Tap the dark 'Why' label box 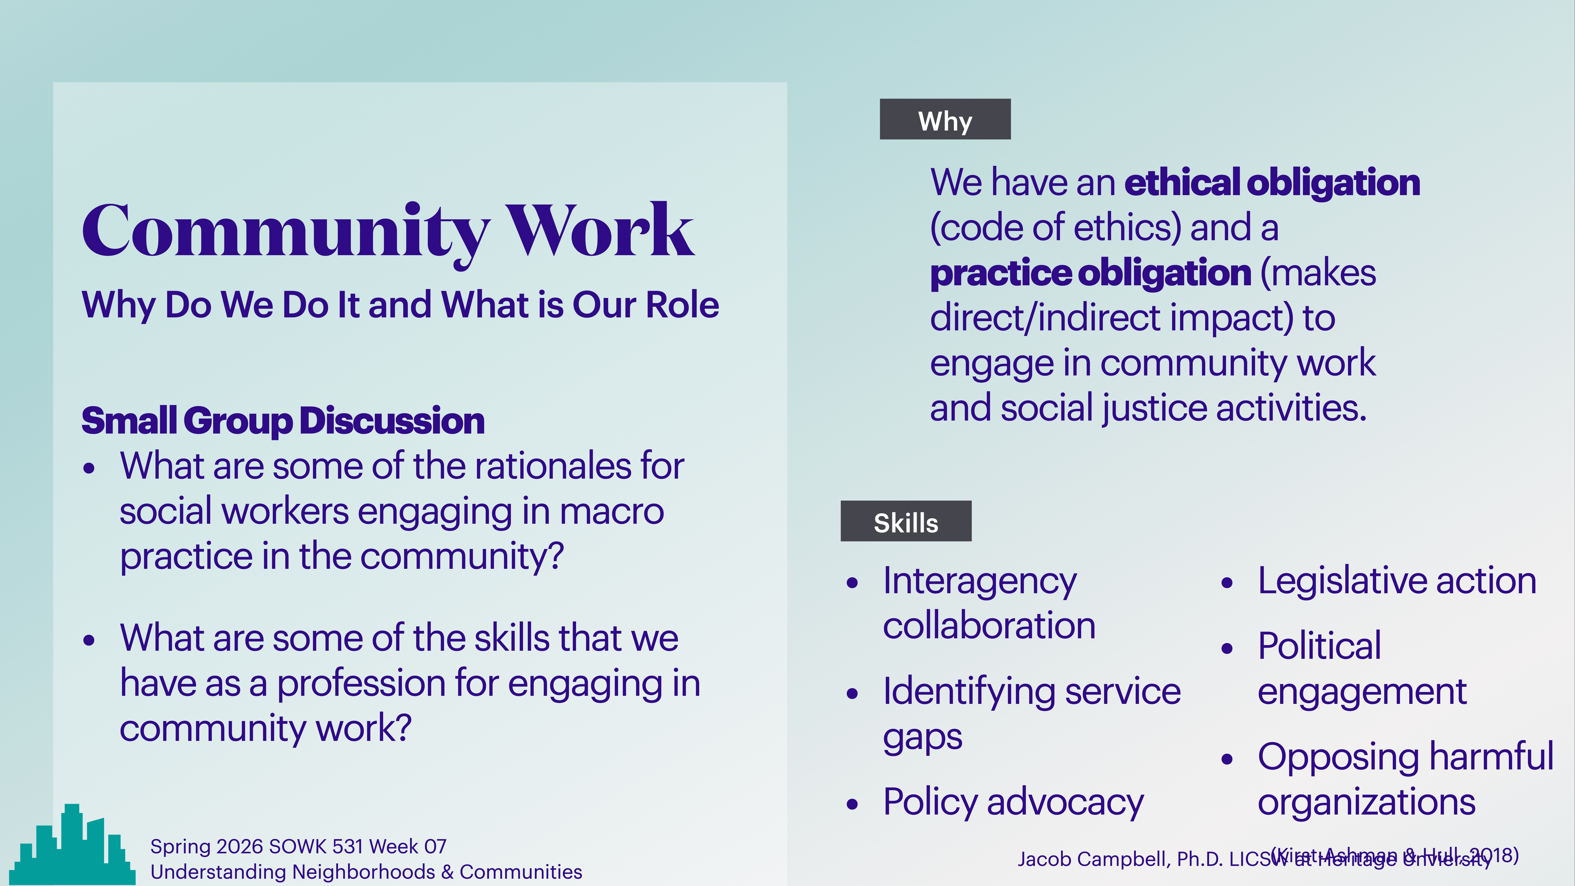(x=945, y=119)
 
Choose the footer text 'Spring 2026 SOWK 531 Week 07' (x=298, y=846)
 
